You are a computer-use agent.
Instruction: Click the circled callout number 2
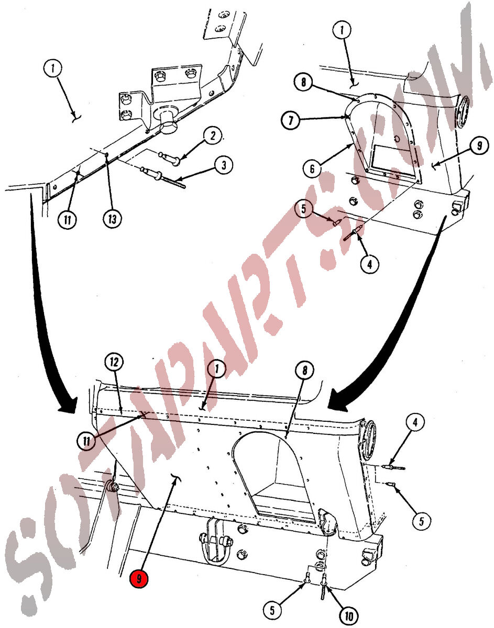pyautogui.click(x=213, y=136)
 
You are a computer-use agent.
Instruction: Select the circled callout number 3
pyautogui.click(x=224, y=165)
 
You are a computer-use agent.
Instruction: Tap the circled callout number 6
pyautogui.click(x=312, y=169)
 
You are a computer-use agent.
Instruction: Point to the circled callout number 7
pyautogui.click(x=291, y=120)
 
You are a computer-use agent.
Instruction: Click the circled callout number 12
pyautogui.click(x=114, y=362)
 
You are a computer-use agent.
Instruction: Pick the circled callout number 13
pyautogui.click(x=112, y=219)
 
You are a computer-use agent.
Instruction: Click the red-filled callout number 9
pyautogui.click(x=139, y=578)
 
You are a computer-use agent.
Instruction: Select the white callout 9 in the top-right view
pyautogui.click(x=479, y=145)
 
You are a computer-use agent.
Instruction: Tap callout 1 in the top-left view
pyautogui.click(x=52, y=69)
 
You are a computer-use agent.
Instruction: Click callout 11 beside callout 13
pyautogui.click(x=68, y=220)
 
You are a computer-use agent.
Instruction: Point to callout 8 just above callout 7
pyautogui.click(x=303, y=82)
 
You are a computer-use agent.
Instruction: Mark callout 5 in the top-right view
pyautogui.click(x=303, y=209)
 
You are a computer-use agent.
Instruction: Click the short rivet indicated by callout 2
pyautogui.click(x=169, y=159)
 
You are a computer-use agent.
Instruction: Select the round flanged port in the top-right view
pyautogui.click(x=463, y=112)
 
